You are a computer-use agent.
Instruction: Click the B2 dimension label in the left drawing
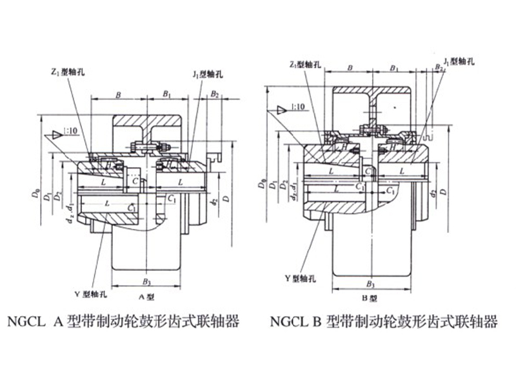(215, 95)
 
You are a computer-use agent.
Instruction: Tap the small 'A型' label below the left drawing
(146, 297)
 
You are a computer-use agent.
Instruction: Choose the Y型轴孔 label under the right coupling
(299, 279)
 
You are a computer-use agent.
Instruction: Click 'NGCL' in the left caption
(25, 321)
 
